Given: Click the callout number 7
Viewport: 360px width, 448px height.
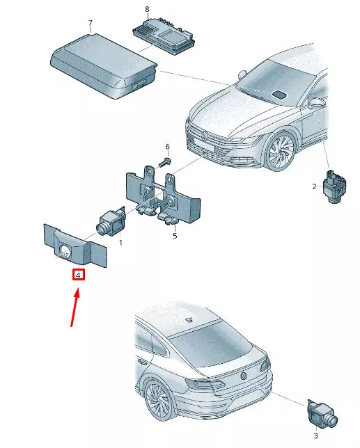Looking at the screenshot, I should click(x=90, y=22).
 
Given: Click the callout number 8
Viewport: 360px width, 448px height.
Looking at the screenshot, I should click(x=147, y=8).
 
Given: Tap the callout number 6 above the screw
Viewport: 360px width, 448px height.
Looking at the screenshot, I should click(x=167, y=147).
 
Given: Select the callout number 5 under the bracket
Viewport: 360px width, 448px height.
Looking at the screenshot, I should click(x=175, y=236).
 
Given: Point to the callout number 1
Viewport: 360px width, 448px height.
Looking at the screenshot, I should click(x=120, y=243).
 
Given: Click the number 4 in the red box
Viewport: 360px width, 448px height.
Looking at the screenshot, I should click(x=79, y=275).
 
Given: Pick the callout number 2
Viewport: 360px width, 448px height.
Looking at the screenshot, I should click(x=315, y=186).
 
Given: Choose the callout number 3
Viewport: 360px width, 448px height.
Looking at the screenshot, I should click(x=315, y=435).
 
